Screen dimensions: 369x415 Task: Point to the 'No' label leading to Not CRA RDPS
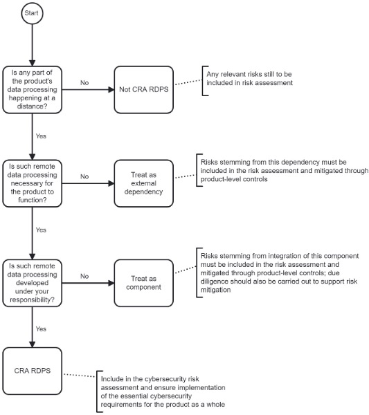(84, 83)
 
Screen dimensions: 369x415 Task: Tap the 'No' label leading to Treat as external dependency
(84, 176)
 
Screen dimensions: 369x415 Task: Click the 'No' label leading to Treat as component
(84, 276)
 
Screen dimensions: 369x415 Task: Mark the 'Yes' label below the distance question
(41, 136)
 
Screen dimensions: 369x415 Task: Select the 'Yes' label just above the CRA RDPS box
(41, 329)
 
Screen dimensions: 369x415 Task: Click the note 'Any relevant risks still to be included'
(249, 79)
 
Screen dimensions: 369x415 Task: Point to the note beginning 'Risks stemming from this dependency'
(285, 171)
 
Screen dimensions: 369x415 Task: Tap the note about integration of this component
(280, 273)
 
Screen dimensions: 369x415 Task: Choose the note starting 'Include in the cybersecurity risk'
(163, 391)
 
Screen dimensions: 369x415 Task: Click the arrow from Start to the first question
(33, 45)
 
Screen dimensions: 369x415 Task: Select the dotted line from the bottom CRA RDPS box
(80, 376)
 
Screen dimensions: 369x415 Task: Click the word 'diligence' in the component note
(212, 282)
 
